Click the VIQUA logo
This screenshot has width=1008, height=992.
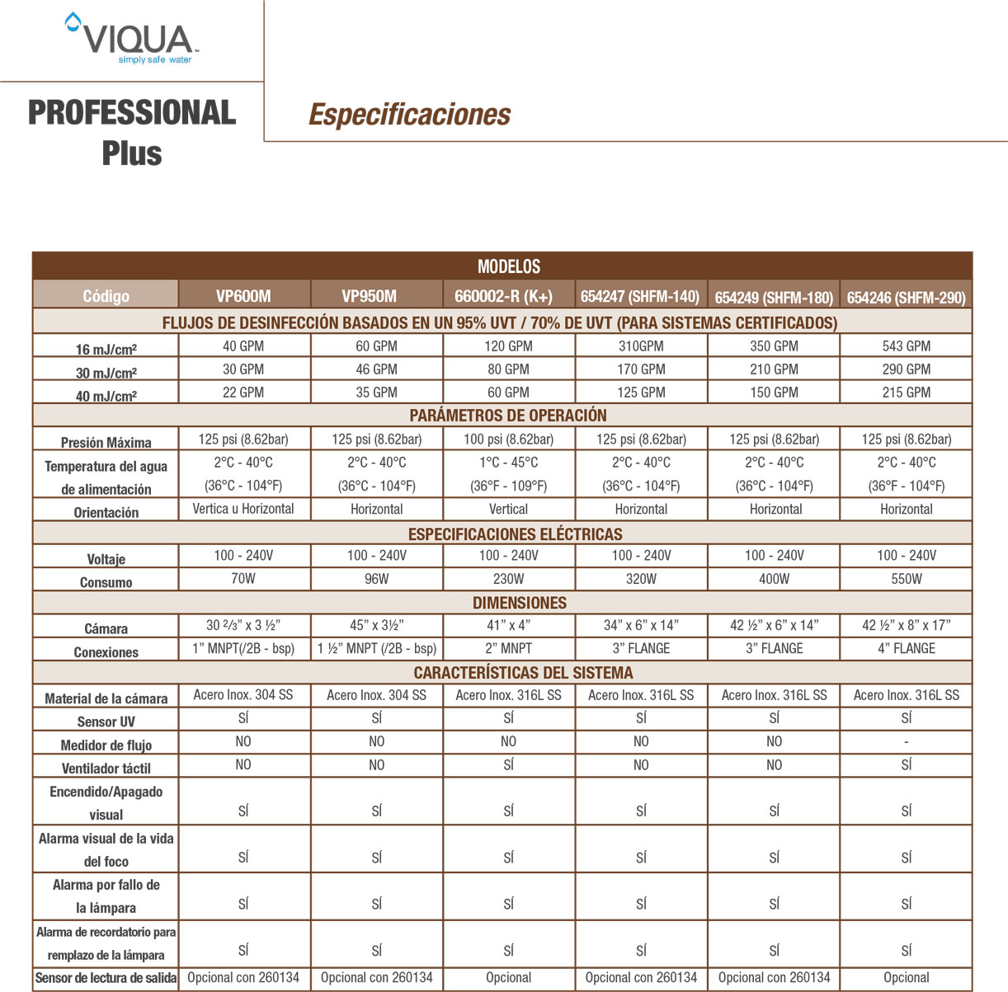[x=133, y=40]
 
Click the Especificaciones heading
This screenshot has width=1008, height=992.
[x=409, y=115]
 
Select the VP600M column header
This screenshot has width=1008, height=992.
[x=243, y=296]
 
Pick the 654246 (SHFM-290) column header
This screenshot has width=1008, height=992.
[x=906, y=297]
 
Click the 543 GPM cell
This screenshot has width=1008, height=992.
[x=906, y=346]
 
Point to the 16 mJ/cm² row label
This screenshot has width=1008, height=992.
[x=106, y=349]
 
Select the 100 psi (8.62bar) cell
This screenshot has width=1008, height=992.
[x=508, y=440]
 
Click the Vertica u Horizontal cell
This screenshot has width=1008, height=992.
[x=243, y=509]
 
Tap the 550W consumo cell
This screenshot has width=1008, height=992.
[x=906, y=579]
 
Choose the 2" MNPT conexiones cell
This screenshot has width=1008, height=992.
[x=508, y=649]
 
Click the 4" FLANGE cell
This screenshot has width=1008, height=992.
[x=906, y=649]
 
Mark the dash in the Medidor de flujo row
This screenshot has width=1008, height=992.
[x=906, y=742]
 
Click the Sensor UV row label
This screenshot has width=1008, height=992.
[x=106, y=722]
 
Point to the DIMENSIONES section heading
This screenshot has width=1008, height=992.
[x=520, y=603]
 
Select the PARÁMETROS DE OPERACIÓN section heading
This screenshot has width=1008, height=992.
[x=508, y=416]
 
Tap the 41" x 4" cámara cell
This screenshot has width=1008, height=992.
[x=508, y=625]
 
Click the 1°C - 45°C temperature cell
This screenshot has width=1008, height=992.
[x=508, y=463]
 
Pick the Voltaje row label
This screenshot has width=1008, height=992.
[x=106, y=559]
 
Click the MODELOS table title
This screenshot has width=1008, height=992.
[x=509, y=266]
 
